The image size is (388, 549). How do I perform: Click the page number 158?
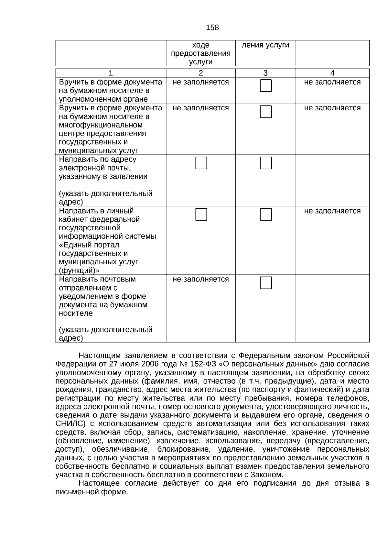[212, 28]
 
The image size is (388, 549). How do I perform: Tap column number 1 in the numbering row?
[111, 73]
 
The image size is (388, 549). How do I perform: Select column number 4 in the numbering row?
[332, 73]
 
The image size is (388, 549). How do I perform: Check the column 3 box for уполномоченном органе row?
[266, 86]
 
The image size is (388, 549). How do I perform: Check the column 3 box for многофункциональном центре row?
[266, 112]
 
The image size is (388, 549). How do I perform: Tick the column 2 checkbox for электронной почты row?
[201, 163]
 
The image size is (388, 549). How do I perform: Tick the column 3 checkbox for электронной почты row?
[266, 163]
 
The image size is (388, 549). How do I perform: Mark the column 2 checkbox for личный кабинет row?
[201, 214]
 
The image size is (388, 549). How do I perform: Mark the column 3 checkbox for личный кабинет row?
[266, 214]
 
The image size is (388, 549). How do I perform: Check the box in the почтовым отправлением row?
[266, 283]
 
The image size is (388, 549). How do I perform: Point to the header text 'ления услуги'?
[265, 45]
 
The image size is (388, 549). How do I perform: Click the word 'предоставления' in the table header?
[201, 54]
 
